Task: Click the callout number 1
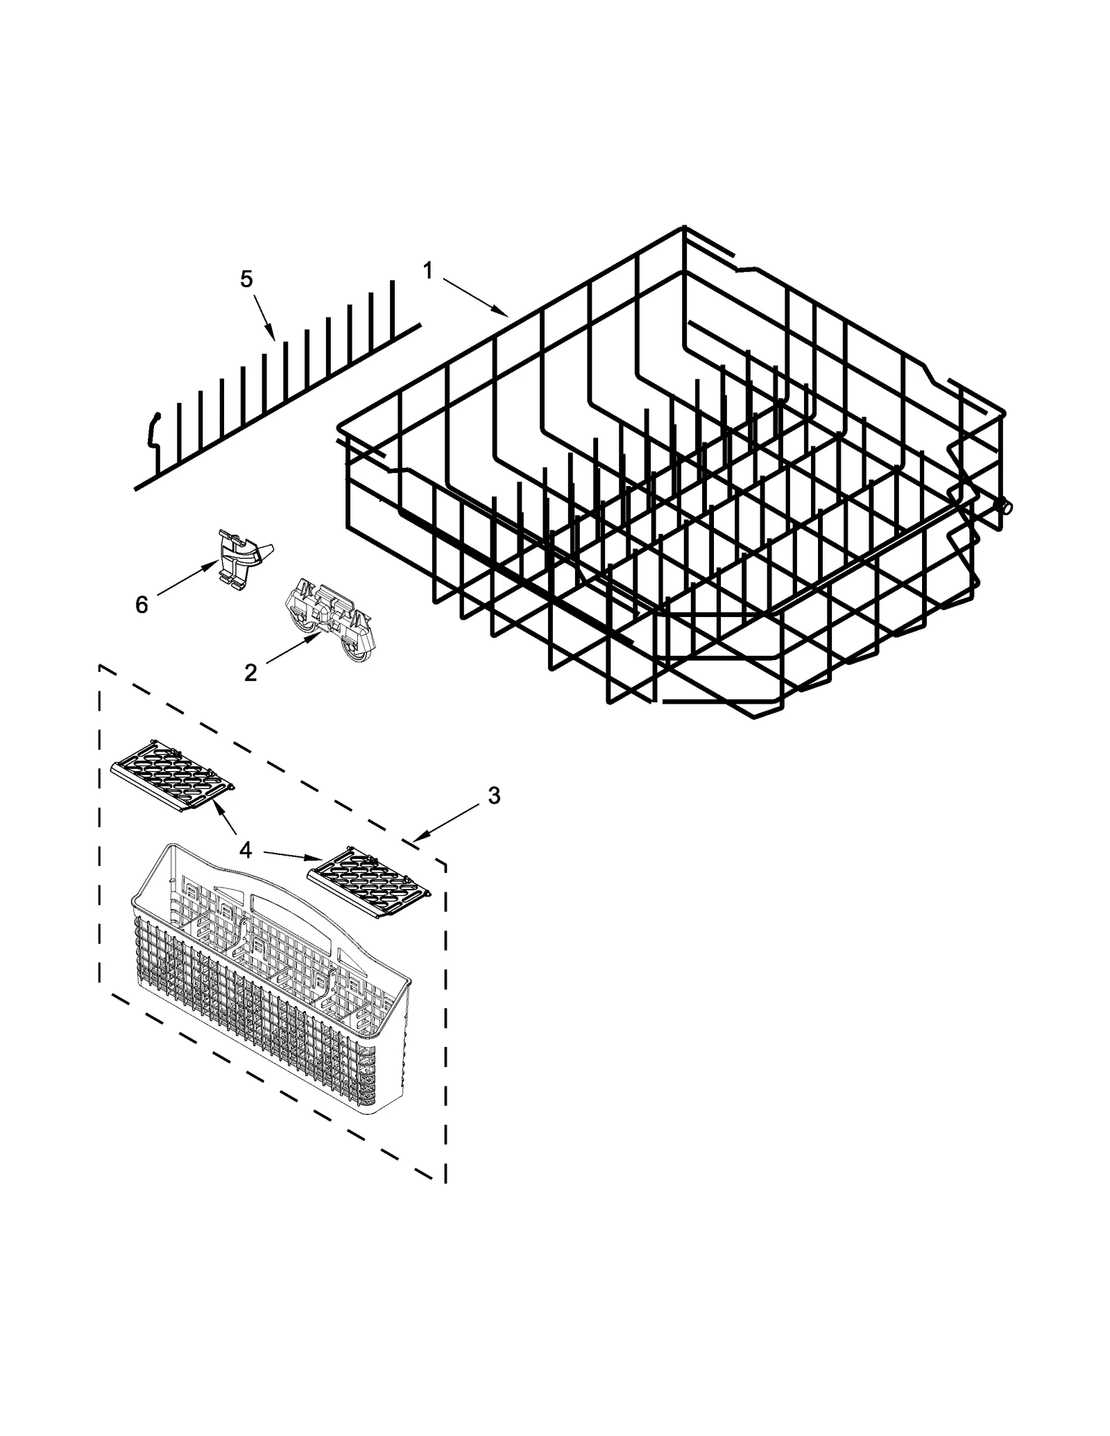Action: [428, 270]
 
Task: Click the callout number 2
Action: [250, 672]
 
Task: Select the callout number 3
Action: [493, 796]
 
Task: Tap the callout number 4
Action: [246, 850]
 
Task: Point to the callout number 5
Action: [246, 279]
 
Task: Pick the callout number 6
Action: [142, 605]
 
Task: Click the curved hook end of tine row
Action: [153, 430]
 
